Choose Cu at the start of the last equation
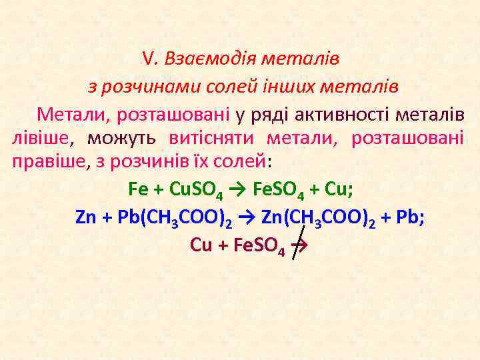[201, 245]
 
